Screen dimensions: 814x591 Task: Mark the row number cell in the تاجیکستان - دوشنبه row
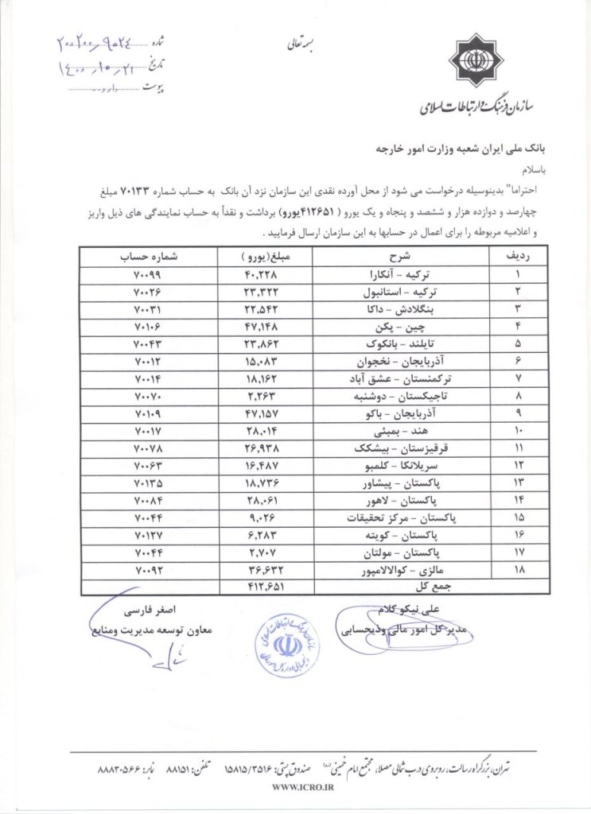(517, 395)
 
